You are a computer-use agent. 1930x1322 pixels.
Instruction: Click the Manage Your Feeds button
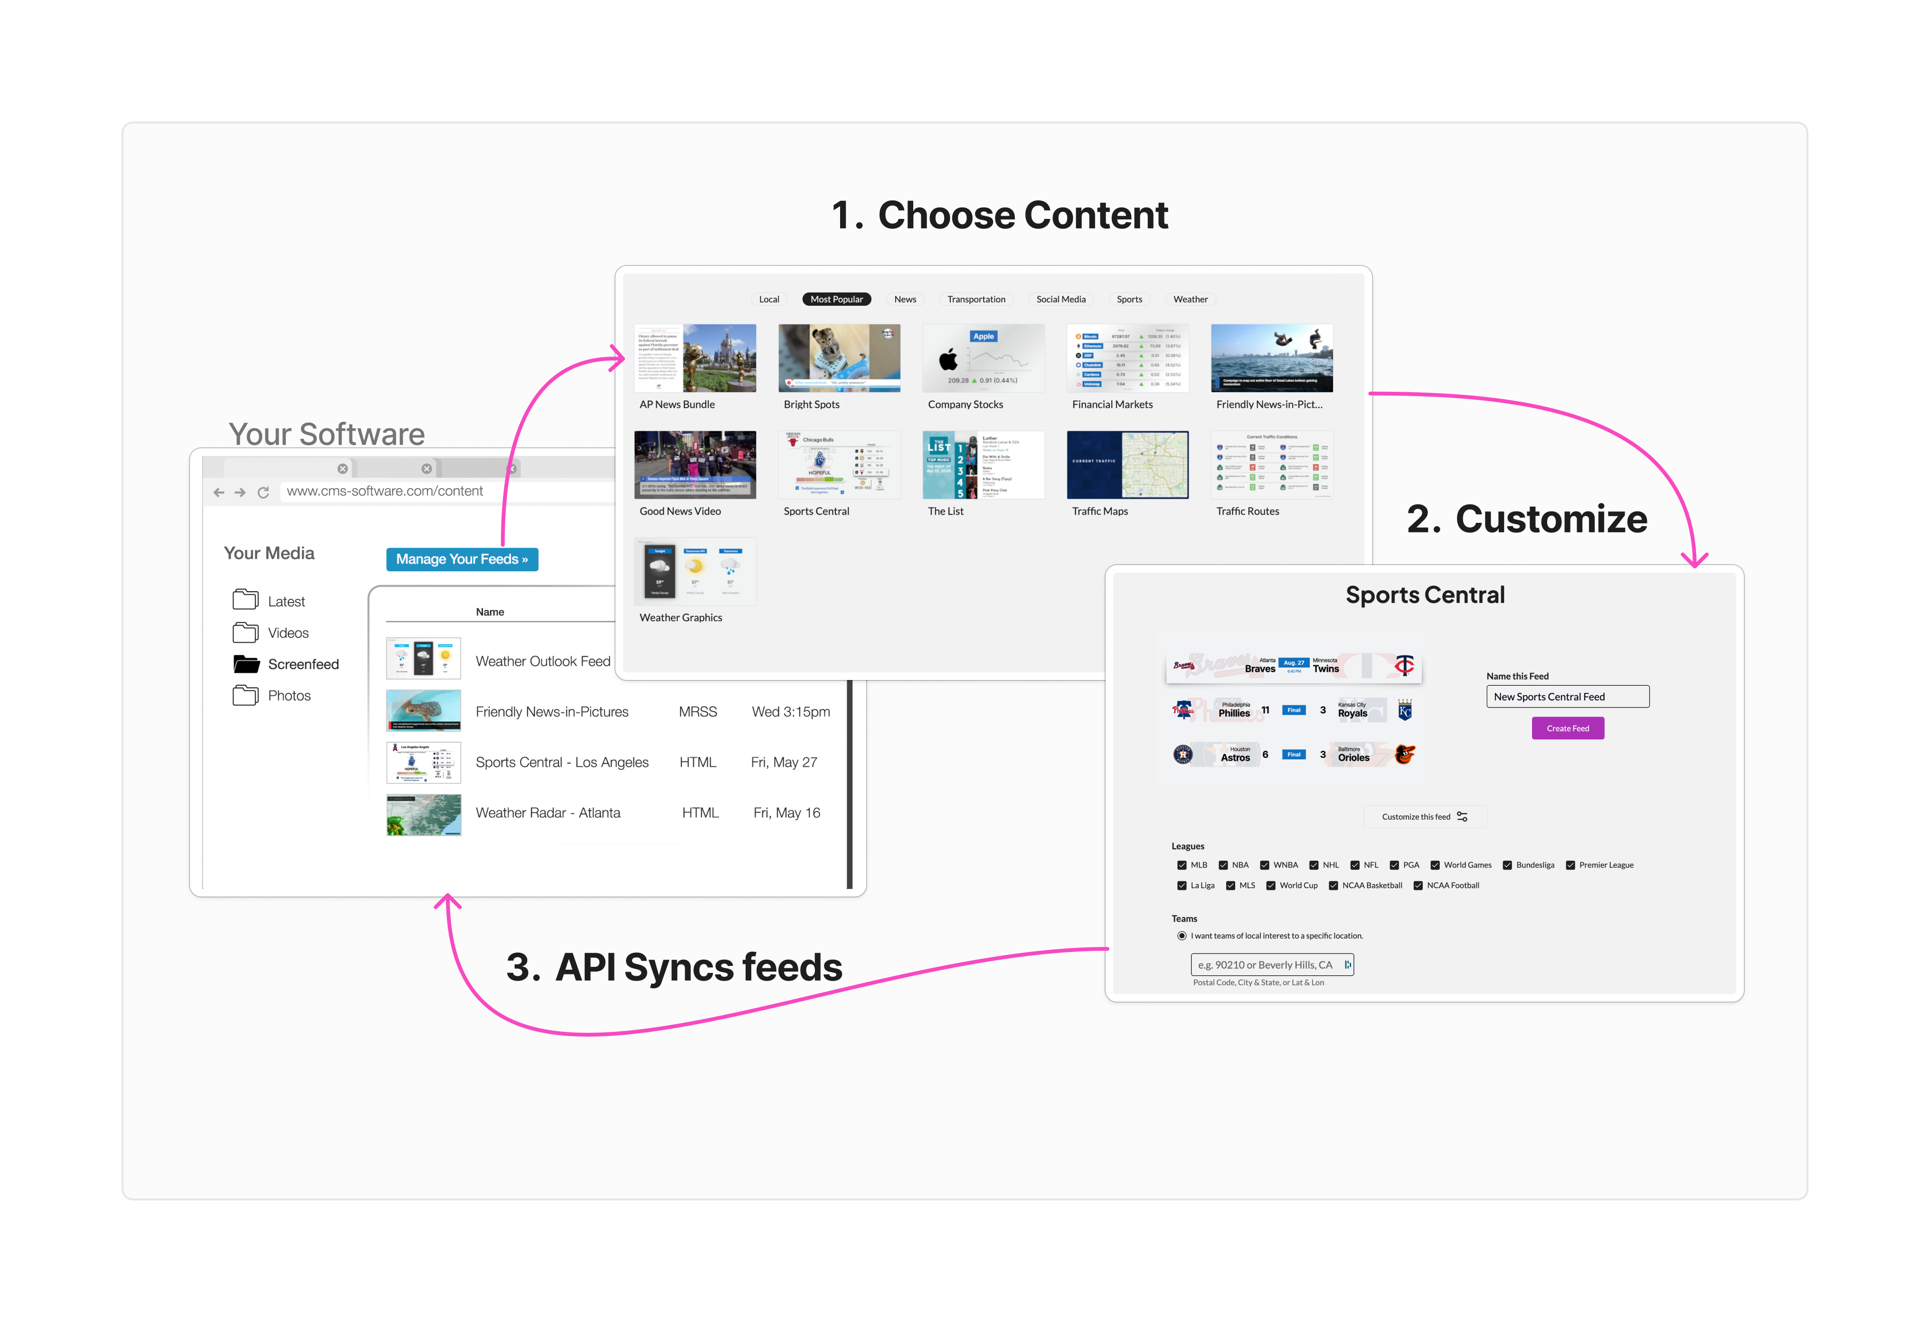[462, 560]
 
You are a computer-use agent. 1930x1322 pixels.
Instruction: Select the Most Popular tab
[836, 300]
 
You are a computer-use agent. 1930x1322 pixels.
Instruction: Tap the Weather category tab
[1190, 300]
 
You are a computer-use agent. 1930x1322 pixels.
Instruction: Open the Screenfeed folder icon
[246, 664]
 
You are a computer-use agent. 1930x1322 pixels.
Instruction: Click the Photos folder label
[289, 696]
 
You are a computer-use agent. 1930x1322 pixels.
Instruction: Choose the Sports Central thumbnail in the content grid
[839, 465]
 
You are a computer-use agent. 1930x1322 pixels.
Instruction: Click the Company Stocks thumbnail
[983, 358]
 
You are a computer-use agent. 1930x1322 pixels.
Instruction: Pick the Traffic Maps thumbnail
[1127, 465]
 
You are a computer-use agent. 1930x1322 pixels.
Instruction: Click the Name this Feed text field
[1567, 697]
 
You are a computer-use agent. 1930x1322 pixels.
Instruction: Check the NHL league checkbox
[1314, 865]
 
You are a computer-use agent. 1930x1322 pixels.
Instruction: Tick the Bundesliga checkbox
[1507, 865]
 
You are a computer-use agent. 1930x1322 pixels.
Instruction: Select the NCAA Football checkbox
[1419, 886]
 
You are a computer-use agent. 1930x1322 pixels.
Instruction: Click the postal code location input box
[1271, 965]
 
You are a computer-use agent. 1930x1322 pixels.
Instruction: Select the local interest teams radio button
[1182, 936]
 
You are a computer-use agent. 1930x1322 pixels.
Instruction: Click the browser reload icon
[263, 492]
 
